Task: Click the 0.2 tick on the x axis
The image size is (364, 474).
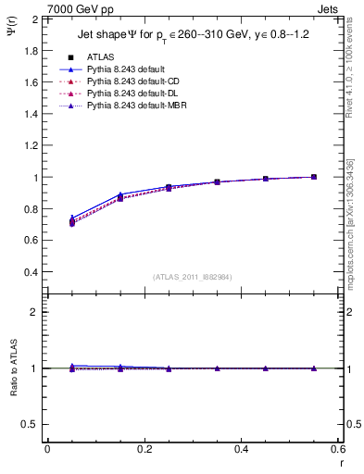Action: (144, 449)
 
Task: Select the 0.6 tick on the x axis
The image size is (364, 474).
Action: (337, 449)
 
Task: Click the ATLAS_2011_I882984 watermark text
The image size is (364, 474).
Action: (192, 276)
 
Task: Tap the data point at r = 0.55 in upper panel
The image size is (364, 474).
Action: (313, 177)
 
